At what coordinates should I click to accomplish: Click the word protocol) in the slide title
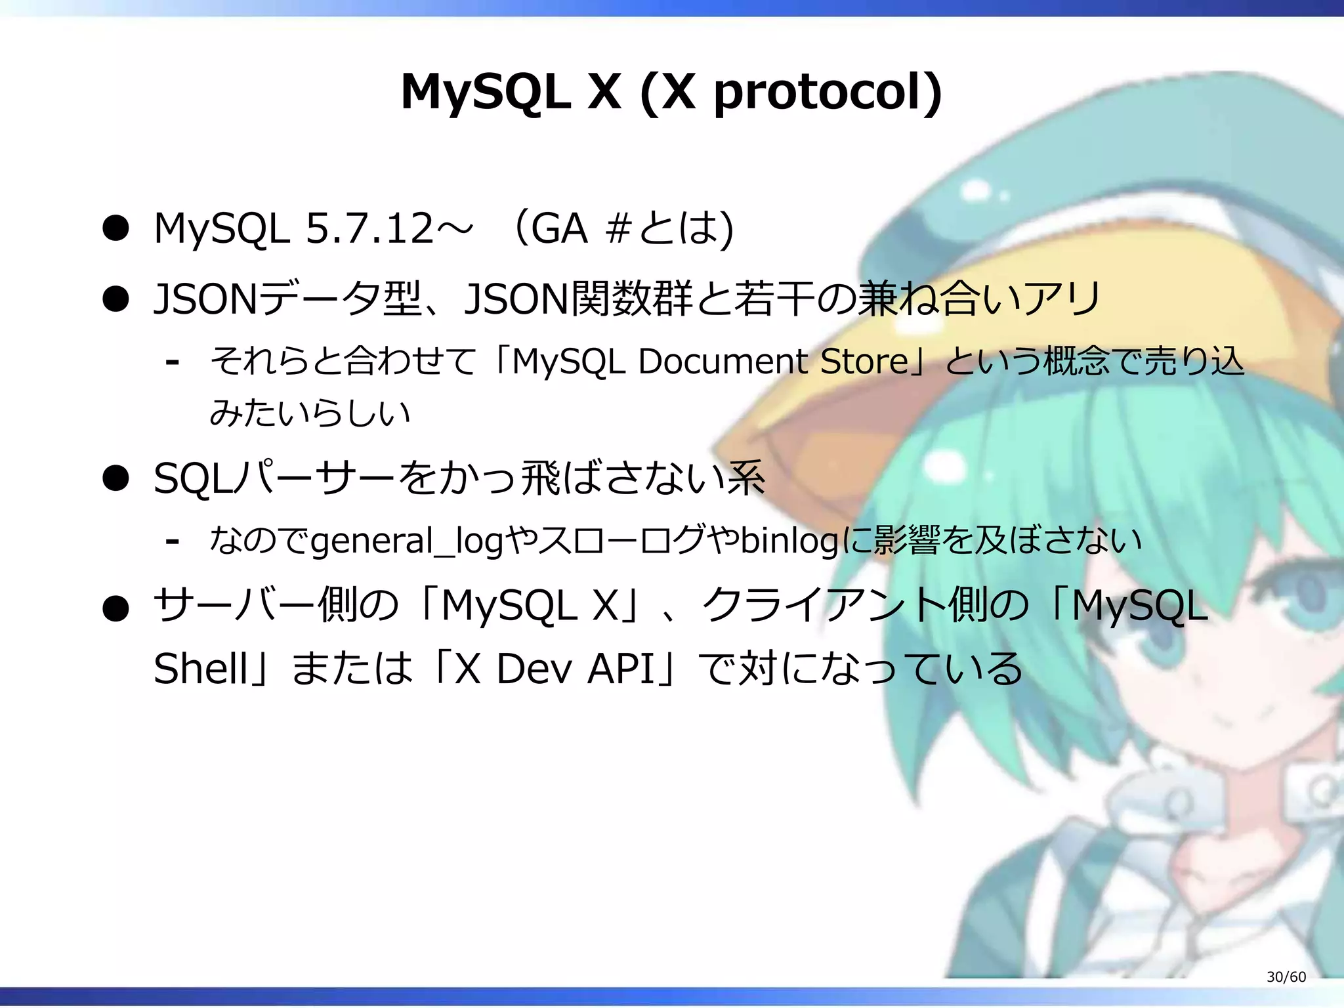click(828, 93)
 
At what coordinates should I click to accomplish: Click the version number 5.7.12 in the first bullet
click(369, 228)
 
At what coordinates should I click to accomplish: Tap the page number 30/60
click(1286, 976)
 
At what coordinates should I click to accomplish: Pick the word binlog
click(789, 541)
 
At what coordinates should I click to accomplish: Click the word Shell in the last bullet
click(200, 669)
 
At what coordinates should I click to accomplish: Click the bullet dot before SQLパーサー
click(115, 478)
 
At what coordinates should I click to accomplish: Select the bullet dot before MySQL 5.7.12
click(115, 229)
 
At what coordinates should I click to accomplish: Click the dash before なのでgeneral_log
click(173, 542)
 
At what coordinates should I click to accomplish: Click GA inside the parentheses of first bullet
click(558, 228)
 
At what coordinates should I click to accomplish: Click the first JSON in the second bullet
click(205, 299)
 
